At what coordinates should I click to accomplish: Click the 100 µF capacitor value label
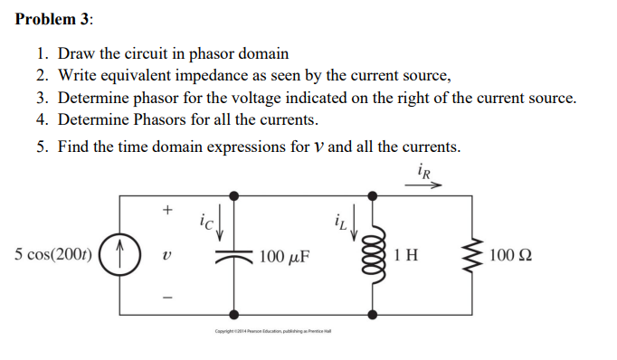click(284, 256)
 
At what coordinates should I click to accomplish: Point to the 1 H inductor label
click(406, 255)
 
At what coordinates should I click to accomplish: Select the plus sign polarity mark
click(166, 210)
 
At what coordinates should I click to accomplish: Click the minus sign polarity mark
click(166, 297)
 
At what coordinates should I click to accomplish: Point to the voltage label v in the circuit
click(166, 256)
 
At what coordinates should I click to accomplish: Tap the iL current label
click(338, 218)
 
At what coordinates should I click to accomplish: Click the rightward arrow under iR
click(426, 184)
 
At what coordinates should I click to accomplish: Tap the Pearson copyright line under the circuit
click(272, 331)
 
